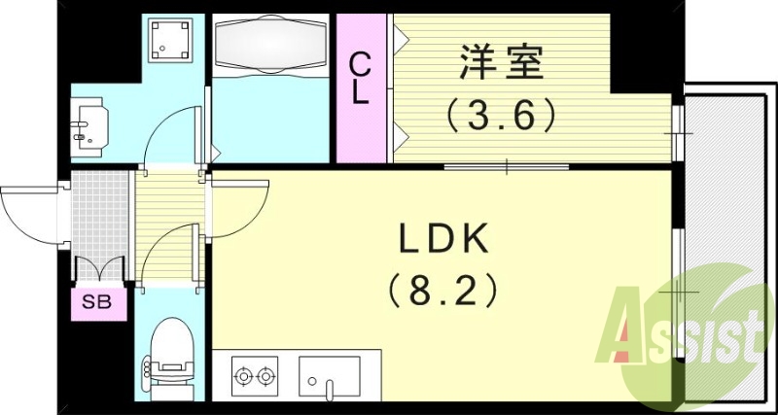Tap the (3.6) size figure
point(503,117)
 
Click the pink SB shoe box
point(97,302)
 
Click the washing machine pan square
point(172,40)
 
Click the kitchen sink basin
point(330,374)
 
